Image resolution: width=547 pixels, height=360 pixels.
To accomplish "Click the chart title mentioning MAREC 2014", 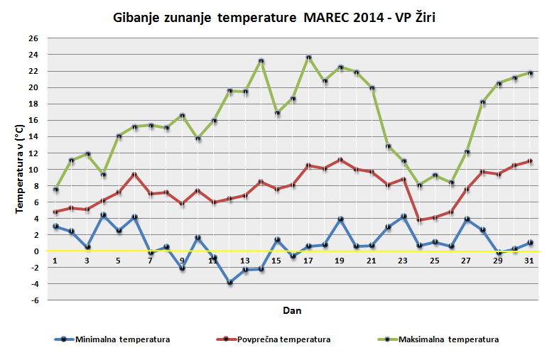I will pyautogui.click(x=273, y=16).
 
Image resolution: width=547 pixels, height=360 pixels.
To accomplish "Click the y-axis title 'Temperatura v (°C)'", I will pyautogui.click(x=20, y=168).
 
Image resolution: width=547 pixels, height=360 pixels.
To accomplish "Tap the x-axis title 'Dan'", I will pyautogui.click(x=292, y=310).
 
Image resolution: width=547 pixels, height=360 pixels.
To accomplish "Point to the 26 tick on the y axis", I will pyautogui.click(x=33, y=38).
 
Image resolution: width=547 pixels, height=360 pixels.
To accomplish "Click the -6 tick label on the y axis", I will pyautogui.click(x=33, y=300).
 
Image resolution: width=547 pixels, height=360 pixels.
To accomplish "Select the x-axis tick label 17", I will pyautogui.click(x=308, y=261).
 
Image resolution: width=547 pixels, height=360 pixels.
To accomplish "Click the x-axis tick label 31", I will pyautogui.click(x=529, y=261).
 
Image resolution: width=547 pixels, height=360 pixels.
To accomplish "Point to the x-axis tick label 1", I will pyautogui.click(x=55, y=261).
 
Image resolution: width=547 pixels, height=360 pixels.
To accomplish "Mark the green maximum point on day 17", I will pyautogui.click(x=308, y=58).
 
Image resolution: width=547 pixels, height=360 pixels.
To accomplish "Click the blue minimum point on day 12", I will pyautogui.click(x=229, y=283).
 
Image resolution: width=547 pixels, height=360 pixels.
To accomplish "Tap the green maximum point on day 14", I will pyautogui.click(x=261, y=61).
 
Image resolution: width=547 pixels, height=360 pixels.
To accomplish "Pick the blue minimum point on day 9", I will pyautogui.click(x=182, y=268).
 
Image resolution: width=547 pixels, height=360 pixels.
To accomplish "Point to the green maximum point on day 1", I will pyautogui.click(x=55, y=190).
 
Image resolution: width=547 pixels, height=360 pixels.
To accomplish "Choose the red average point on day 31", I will pyautogui.click(x=530, y=161).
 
